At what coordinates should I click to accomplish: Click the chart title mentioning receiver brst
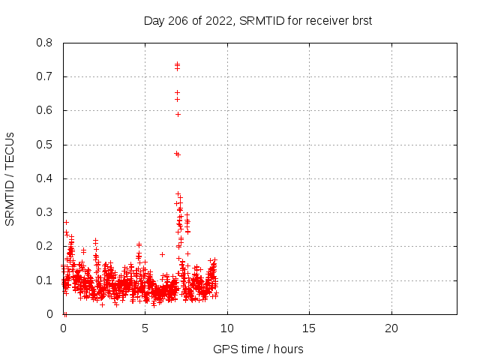(x=258, y=21)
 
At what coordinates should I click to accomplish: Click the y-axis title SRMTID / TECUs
(x=10, y=178)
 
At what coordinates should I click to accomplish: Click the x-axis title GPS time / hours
(x=258, y=349)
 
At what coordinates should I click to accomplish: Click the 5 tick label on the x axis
(x=145, y=328)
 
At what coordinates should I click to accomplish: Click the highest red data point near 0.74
(x=177, y=64)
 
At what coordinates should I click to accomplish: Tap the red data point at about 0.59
(x=178, y=114)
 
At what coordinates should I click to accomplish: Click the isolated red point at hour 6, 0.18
(x=162, y=254)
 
